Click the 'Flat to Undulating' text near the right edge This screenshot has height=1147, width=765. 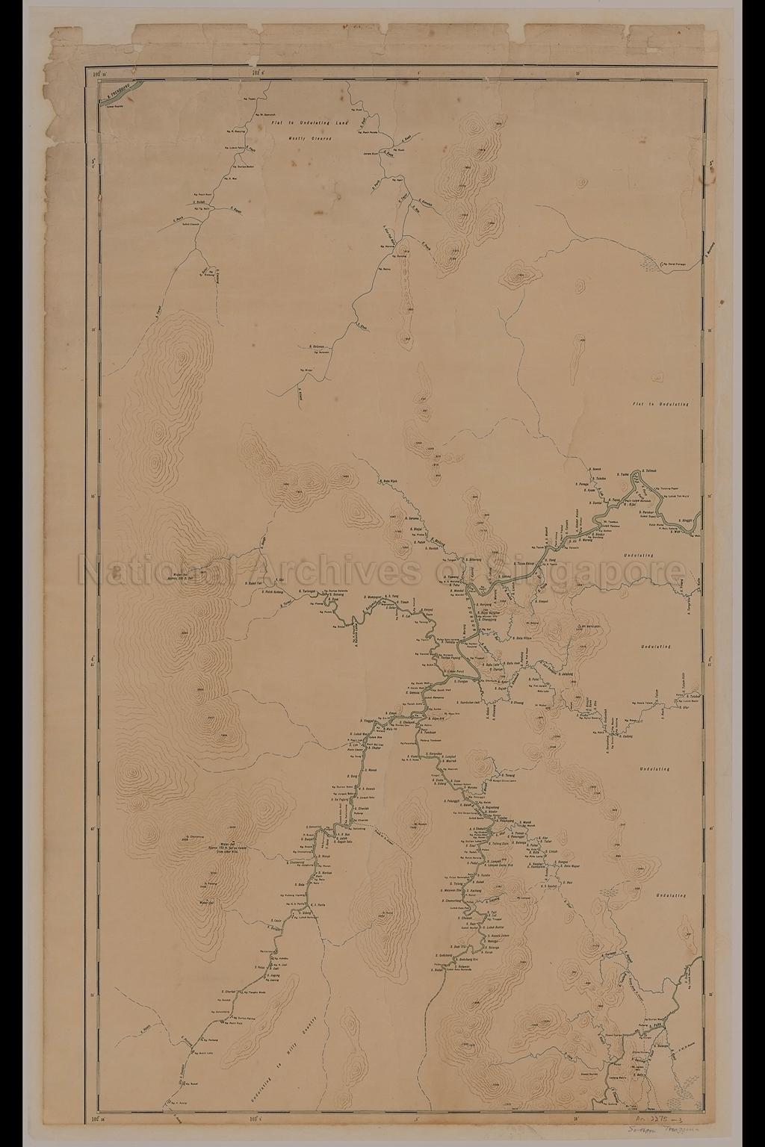tap(660, 404)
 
